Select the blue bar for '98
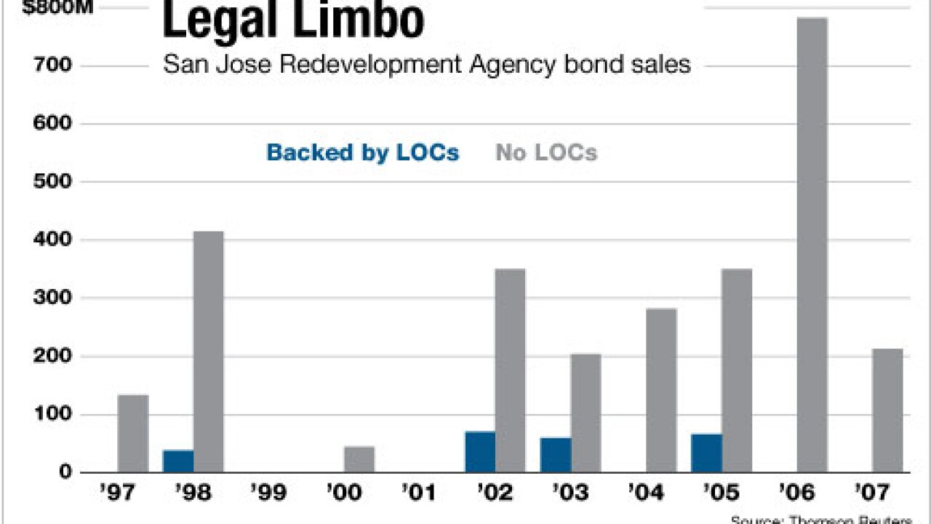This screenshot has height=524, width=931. (x=178, y=461)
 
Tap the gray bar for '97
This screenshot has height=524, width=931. (x=133, y=433)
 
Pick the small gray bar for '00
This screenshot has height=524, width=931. (x=359, y=458)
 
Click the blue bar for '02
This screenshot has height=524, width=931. (x=480, y=452)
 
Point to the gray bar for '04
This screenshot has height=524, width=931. (x=661, y=390)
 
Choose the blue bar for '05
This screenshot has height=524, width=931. (x=706, y=453)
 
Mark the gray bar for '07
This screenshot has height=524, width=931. (x=887, y=410)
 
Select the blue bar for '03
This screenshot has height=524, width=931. (x=556, y=454)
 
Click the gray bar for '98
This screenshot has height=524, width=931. (x=209, y=352)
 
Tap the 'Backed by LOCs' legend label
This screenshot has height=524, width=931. (x=363, y=153)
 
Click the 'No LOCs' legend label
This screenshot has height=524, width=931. (x=546, y=153)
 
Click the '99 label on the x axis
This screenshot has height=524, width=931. (x=268, y=493)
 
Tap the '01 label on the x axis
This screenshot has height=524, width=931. (x=420, y=493)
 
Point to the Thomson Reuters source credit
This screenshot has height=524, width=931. (x=822, y=520)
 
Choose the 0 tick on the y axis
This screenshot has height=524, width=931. (x=65, y=472)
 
